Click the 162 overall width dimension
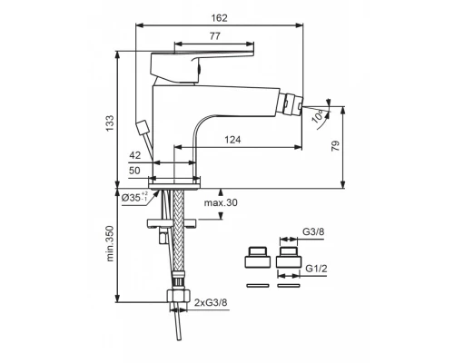(219, 18)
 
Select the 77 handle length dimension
(214, 36)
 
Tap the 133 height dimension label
(110, 123)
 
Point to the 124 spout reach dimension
(232, 140)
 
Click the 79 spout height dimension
(336, 146)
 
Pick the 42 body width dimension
(135, 155)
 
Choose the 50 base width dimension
(134, 171)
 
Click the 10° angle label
(319, 116)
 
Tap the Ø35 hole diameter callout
(135, 197)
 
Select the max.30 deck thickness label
(221, 202)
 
